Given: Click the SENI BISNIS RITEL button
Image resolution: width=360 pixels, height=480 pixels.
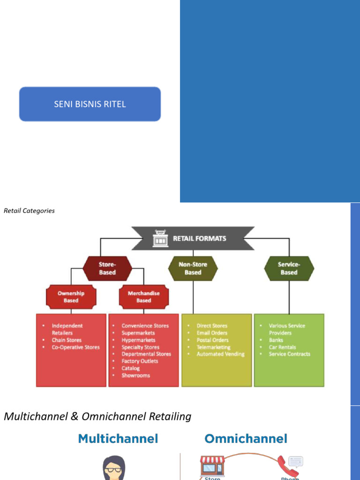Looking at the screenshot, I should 90,104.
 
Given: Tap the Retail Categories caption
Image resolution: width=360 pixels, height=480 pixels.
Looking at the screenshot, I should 29,211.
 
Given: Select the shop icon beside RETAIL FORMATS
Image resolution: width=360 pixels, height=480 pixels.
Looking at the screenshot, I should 160,239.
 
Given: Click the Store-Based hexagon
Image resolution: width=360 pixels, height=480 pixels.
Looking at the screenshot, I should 107,269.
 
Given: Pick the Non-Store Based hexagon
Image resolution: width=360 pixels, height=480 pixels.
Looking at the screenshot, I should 193,269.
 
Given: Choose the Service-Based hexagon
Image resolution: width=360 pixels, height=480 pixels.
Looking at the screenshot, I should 289,269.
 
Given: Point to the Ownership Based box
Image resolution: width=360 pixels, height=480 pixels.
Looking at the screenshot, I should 71,297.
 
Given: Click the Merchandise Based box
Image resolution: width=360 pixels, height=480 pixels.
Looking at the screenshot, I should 143,297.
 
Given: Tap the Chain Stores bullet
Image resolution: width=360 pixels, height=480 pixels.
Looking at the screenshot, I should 67,340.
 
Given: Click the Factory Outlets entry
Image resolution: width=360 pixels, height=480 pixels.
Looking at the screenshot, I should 140,361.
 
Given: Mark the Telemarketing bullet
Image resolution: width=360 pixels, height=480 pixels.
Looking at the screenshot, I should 213,347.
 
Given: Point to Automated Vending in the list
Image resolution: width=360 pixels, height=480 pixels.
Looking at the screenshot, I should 220,354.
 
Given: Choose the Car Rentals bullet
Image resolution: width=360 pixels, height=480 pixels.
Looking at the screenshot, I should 283,347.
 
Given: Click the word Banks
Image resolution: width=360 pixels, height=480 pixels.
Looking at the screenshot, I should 276,340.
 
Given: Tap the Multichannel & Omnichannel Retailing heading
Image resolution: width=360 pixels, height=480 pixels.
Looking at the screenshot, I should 97,416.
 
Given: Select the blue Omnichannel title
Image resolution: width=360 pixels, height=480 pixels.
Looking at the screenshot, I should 246,439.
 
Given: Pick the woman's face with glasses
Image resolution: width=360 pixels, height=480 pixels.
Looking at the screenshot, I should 114,468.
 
